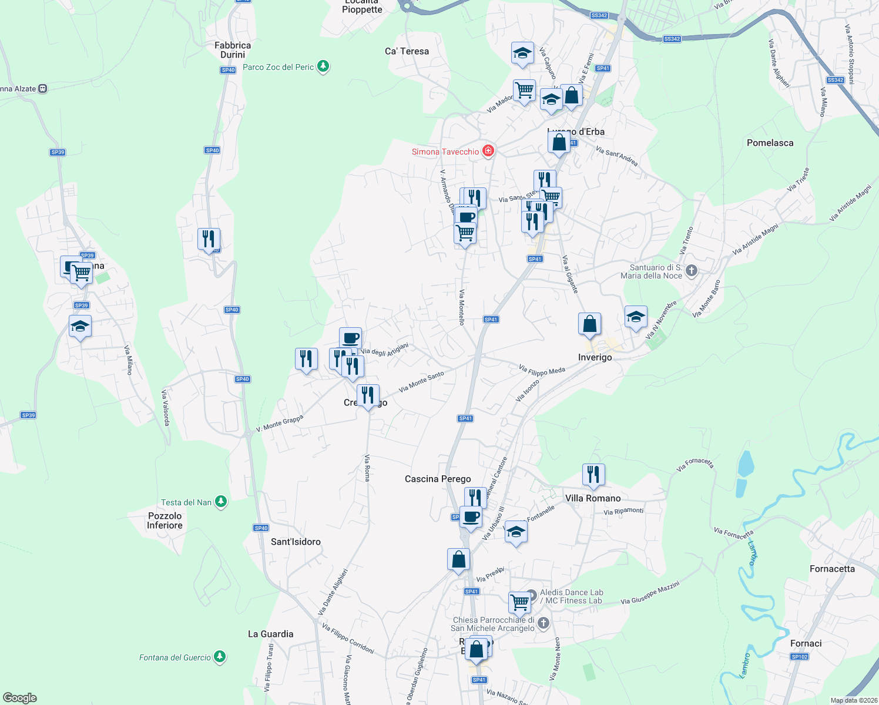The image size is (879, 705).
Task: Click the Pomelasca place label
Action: coord(770,143)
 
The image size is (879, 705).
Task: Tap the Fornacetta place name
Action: coord(832,569)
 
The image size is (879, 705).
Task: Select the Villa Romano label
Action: coord(592,498)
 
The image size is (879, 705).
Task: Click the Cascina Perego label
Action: coord(438,479)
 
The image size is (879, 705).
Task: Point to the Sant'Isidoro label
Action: coord(296,542)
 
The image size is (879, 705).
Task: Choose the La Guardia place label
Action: coord(270,634)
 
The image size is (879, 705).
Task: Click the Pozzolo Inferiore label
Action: coord(165,521)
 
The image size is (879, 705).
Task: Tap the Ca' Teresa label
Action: coord(407,51)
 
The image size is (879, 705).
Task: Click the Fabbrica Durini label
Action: coord(233,50)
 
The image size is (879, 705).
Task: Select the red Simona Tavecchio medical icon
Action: coord(488,152)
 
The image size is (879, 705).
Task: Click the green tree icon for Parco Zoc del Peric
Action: coord(323,66)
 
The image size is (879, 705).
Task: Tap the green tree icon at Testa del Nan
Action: coord(220,502)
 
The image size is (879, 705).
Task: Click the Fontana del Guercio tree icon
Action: coord(220,657)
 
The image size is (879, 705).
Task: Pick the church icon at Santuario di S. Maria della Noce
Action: coord(692,270)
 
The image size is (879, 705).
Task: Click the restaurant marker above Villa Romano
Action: coord(593,474)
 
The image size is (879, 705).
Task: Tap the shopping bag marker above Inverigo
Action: coord(589,324)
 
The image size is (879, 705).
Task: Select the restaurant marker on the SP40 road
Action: coord(209,239)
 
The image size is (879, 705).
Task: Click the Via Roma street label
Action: coord(367,468)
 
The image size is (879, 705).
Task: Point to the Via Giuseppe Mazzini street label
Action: coord(650,593)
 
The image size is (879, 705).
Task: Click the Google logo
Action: coord(20,697)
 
